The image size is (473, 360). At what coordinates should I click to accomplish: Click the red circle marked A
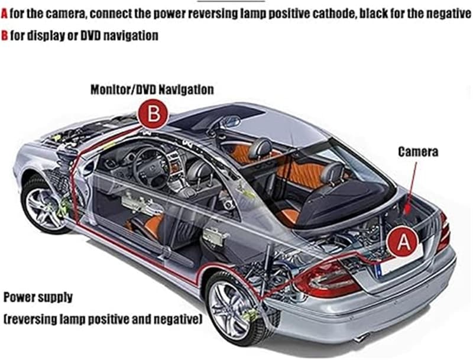click(x=403, y=241)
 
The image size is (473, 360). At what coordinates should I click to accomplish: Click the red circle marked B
click(x=153, y=115)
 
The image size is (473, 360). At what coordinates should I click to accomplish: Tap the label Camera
click(x=418, y=152)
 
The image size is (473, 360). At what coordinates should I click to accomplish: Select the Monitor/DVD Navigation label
click(x=152, y=89)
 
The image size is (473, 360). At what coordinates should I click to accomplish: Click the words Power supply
click(x=38, y=297)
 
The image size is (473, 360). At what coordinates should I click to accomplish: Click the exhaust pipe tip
click(x=361, y=337)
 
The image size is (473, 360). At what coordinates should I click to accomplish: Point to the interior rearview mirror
click(x=231, y=122)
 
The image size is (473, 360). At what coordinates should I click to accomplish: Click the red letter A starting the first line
click(x=4, y=14)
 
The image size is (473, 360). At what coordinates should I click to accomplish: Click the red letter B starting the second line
click(x=4, y=35)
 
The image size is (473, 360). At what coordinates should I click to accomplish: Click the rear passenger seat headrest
click(x=333, y=173)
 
